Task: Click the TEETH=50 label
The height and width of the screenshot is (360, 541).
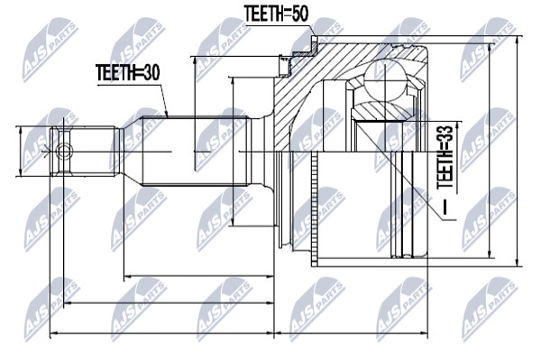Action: coord(276,14)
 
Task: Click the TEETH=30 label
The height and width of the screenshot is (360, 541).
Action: coord(128,73)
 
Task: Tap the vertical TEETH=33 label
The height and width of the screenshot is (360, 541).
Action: coord(445,157)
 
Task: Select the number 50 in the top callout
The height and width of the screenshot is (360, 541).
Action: coord(298,14)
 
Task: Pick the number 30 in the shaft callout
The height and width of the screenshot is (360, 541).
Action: coord(150,73)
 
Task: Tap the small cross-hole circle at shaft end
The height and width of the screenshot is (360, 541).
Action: coord(64,152)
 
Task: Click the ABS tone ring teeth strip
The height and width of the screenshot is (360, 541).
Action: coord(314,208)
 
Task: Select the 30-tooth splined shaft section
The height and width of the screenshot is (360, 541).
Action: coord(196,152)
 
